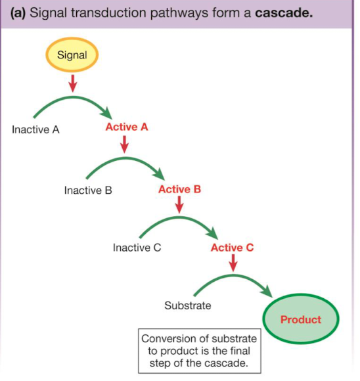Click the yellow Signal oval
click(72, 55)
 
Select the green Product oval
click(301, 320)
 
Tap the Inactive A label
click(35, 129)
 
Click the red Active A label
click(127, 127)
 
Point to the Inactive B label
click(88, 190)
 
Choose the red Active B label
click(179, 189)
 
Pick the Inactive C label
click(137, 248)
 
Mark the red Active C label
click(232, 248)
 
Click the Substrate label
click(187, 305)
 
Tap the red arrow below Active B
click(179, 206)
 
